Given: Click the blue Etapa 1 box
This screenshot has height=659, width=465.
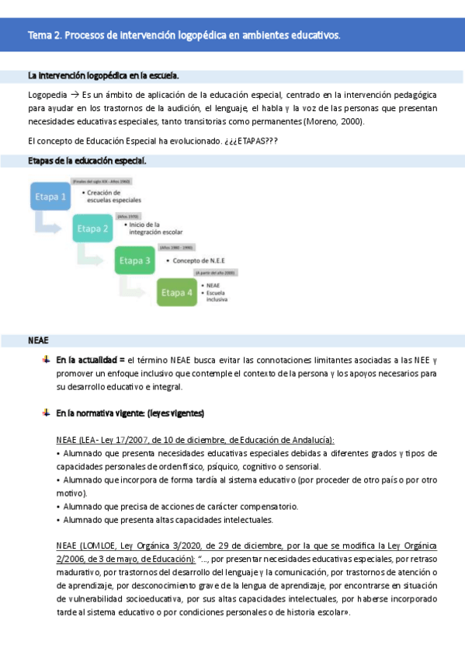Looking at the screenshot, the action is [x=51, y=197].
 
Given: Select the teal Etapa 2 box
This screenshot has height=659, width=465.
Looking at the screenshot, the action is [x=93, y=228].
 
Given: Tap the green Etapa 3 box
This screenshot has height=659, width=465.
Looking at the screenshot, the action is [x=135, y=260].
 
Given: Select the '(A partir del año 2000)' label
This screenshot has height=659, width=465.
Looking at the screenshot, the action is [x=216, y=274].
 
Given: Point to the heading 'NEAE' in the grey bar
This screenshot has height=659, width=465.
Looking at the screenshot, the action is [x=38, y=340].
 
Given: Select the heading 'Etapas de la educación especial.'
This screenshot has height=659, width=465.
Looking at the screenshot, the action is [x=86, y=161].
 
